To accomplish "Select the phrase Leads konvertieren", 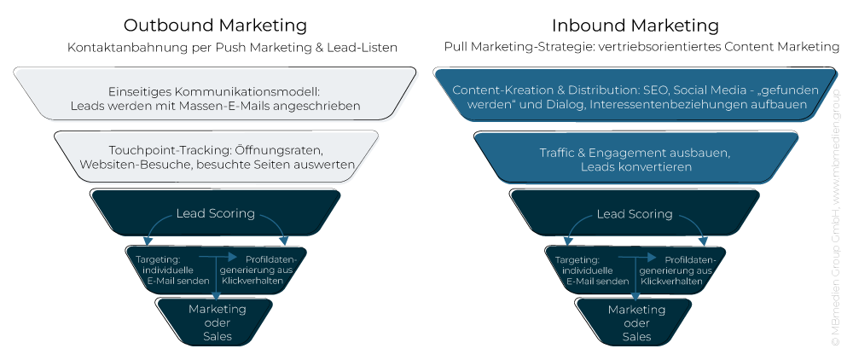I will pos(636,168).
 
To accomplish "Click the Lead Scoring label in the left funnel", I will pos(215,213).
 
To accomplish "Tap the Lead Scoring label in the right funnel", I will pos(634,214).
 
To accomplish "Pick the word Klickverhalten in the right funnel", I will pos(673,281).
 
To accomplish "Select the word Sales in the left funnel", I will pos(218,336).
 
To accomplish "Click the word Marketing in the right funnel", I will pos(636,310).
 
